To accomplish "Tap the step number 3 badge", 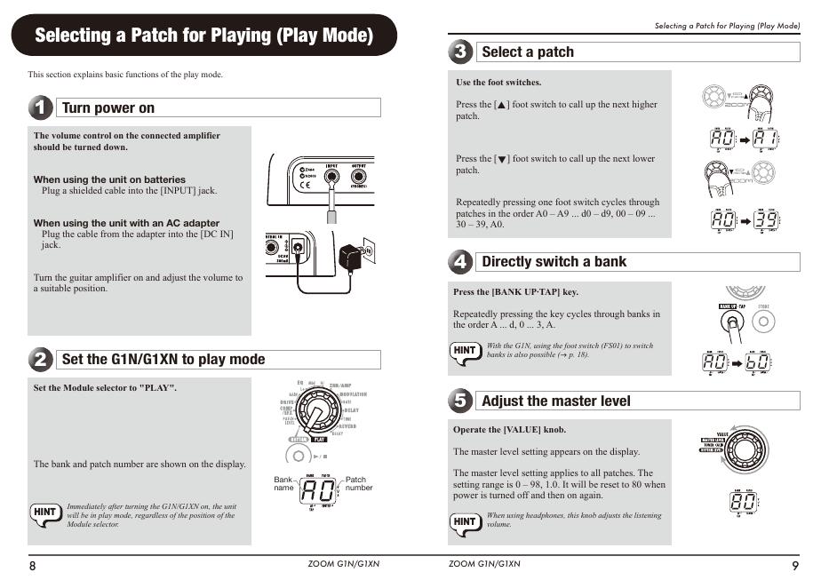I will (460, 52).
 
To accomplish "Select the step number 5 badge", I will (460, 401).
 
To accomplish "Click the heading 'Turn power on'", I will (108, 108).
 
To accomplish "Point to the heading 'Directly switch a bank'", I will (554, 262).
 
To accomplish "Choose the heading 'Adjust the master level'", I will (555, 401).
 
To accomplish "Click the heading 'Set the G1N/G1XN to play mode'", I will (163, 360).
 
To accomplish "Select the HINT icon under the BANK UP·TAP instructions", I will (466, 351).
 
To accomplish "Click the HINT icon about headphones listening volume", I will (466, 521).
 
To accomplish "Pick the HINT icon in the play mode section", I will (45, 513).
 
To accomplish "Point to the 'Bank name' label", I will (283, 484).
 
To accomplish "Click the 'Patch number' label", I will (359, 484).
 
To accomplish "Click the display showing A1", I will (766, 139).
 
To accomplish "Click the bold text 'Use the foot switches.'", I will (498, 83).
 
